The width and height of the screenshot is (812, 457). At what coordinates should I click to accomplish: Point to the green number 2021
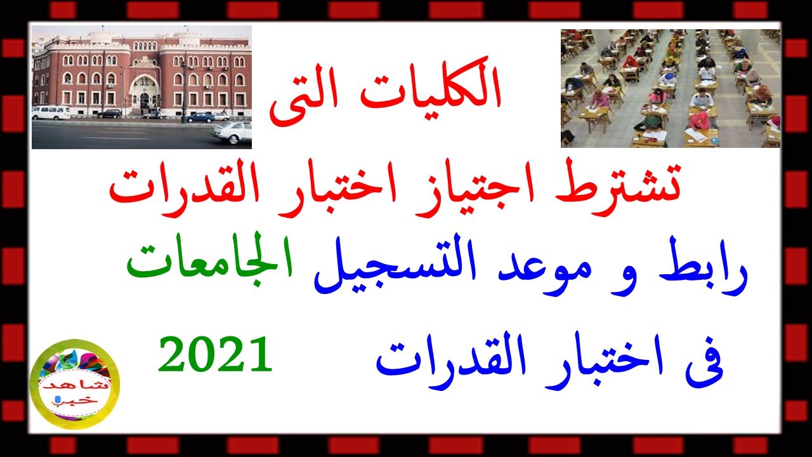215,354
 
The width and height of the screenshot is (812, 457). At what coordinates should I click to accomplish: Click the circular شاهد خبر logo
75,384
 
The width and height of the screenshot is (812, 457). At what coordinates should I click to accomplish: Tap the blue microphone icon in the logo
57,401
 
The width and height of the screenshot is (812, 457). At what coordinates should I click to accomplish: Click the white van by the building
51,112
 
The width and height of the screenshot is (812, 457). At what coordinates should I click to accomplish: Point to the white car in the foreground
232,132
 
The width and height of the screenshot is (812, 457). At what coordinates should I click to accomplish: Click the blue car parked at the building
200,117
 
